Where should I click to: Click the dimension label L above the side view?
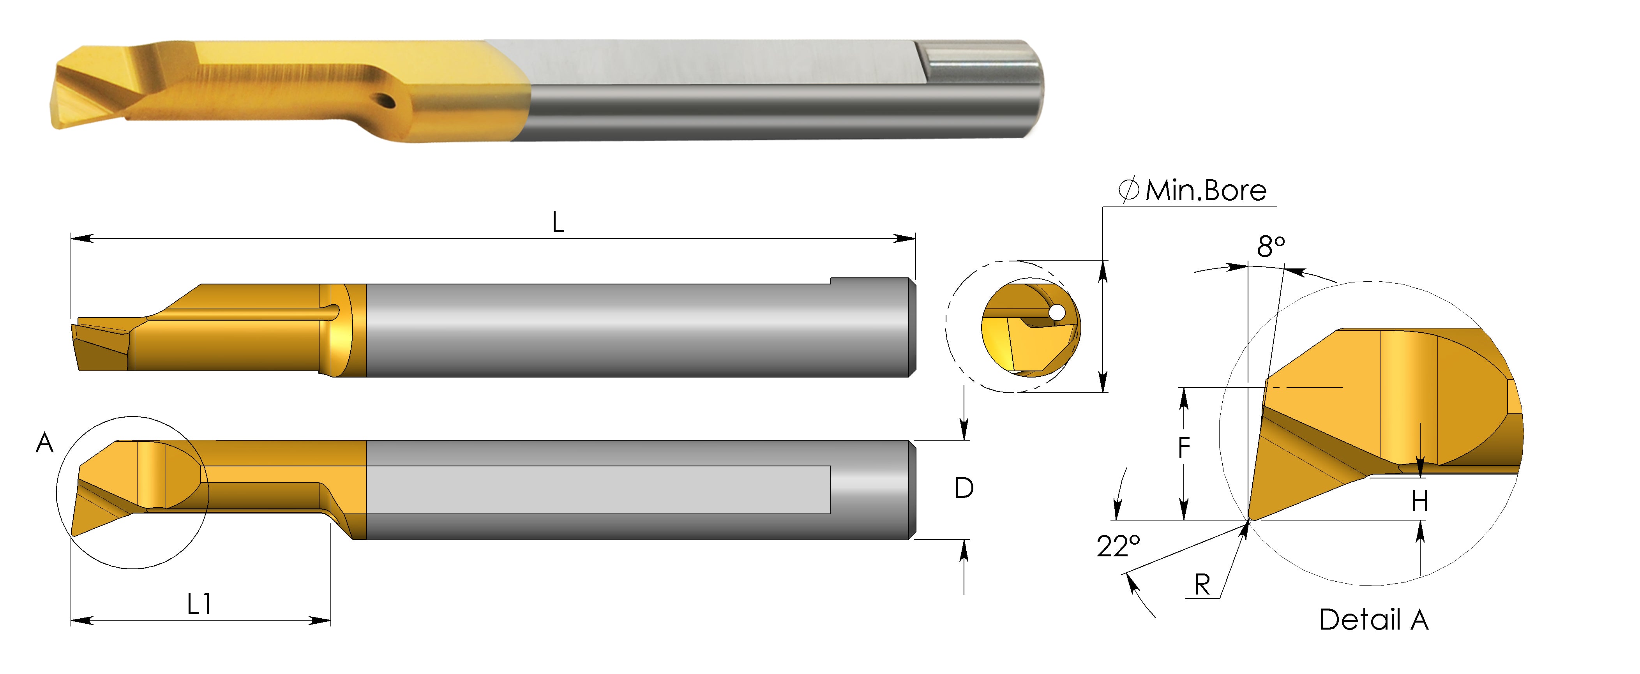(558, 223)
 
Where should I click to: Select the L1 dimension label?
(199, 603)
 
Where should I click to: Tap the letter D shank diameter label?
(964, 488)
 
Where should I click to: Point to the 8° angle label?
(1271, 246)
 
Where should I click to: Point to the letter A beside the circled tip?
(44, 442)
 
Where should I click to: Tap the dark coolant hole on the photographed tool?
(386, 101)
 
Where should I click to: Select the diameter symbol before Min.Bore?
(1129, 190)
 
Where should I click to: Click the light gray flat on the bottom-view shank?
(598, 489)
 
